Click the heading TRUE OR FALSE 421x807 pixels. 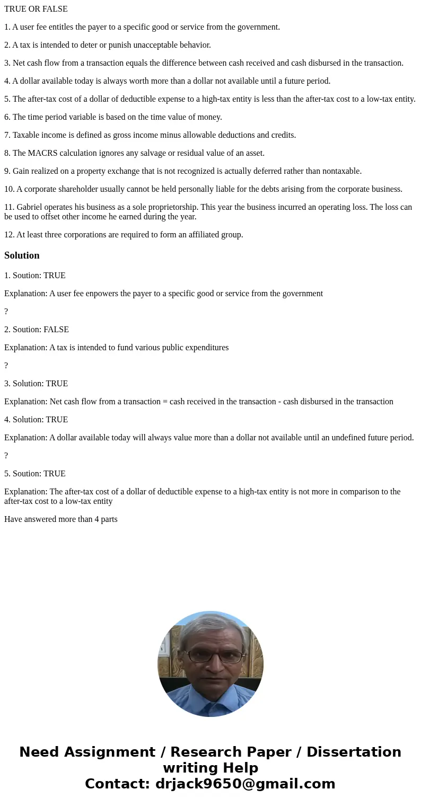[x=36, y=9]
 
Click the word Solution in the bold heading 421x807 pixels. [x=22, y=255]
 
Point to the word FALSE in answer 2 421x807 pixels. [x=56, y=330]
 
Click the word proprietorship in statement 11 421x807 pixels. [x=163, y=207]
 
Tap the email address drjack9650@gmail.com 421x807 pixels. [x=245, y=784]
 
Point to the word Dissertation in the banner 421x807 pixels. [x=354, y=752]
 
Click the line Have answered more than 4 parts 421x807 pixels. [x=61, y=519]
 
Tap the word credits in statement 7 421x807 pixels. [x=283, y=135]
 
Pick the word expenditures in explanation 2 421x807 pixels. [x=204, y=348]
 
